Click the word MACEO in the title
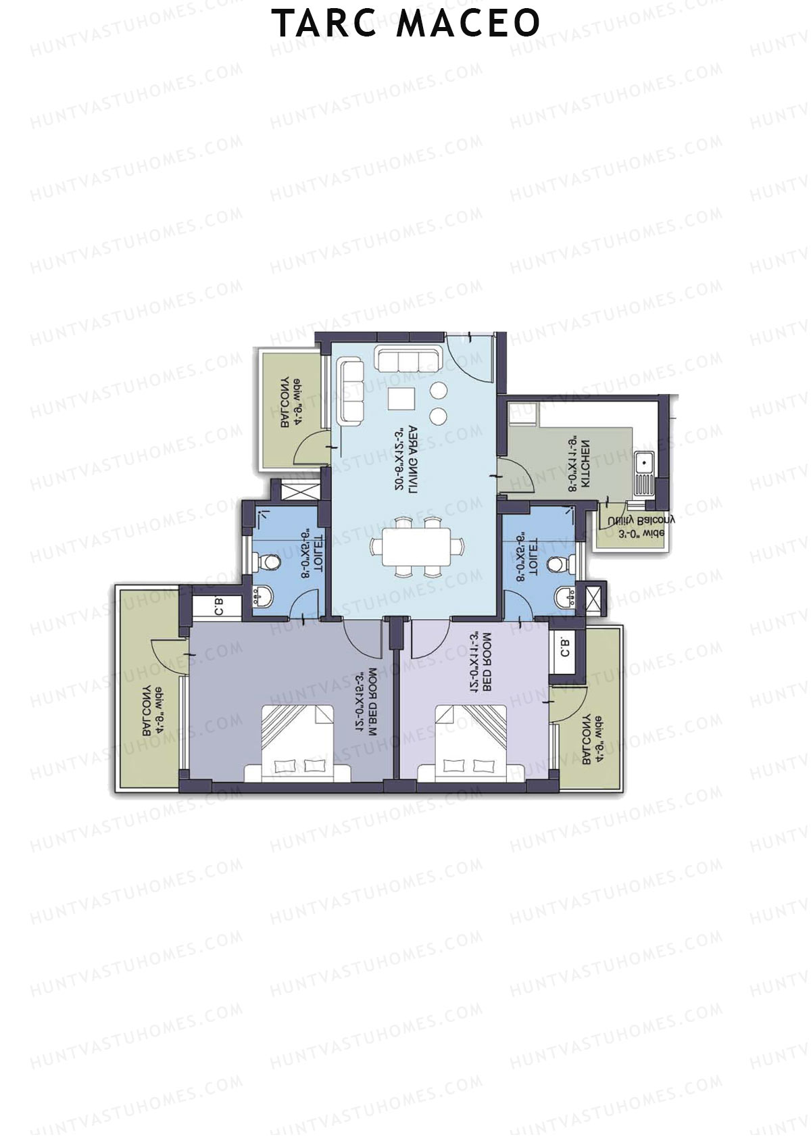click(x=468, y=24)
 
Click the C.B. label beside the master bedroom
click(x=219, y=606)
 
